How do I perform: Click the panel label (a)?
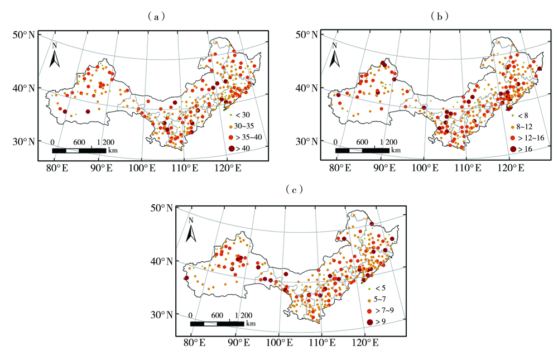click(x=156, y=17)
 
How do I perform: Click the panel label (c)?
click(x=295, y=190)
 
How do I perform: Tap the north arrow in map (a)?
click(x=55, y=56)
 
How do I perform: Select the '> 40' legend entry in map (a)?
click(x=240, y=148)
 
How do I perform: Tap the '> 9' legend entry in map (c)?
click(x=379, y=321)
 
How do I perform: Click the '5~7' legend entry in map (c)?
click(x=379, y=299)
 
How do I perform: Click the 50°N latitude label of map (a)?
click(x=24, y=35)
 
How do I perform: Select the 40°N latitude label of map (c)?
click(x=164, y=261)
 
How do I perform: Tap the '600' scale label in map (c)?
click(x=217, y=315)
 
